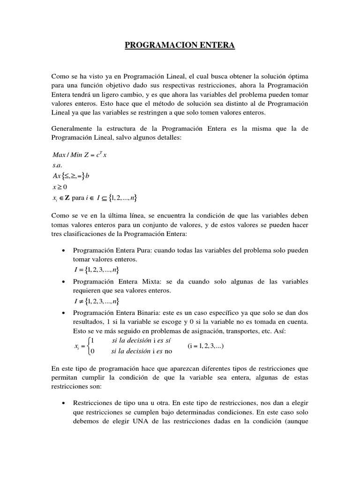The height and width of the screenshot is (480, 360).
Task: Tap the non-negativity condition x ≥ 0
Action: click(x=60, y=187)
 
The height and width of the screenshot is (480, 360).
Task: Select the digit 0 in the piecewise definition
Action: click(x=93, y=351)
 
